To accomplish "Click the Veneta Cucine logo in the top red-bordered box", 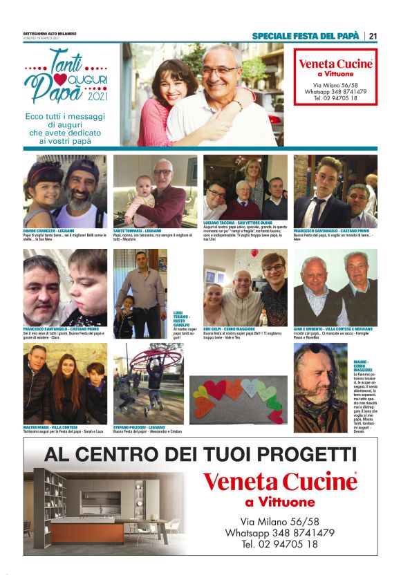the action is click(x=335, y=64).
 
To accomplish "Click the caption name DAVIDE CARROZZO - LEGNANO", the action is click(x=48, y=230).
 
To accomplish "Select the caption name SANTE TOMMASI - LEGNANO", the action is click(x=138, y=230).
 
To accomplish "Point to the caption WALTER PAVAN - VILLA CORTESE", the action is click(x=49, y=428).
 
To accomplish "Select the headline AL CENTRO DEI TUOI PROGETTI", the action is click(x=200, y=454).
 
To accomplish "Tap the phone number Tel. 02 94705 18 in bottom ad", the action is click(x=279, y=544).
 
